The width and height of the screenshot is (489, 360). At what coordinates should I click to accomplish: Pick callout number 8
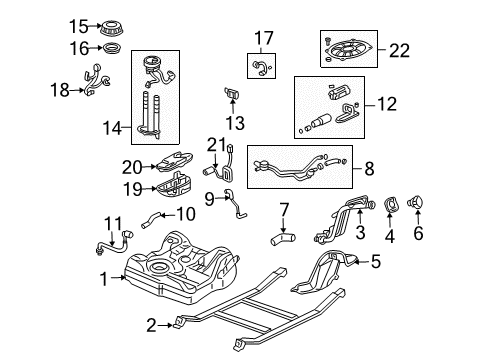[x=370, y=171]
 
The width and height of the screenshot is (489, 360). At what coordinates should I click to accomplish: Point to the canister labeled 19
[x=182, y=186]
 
